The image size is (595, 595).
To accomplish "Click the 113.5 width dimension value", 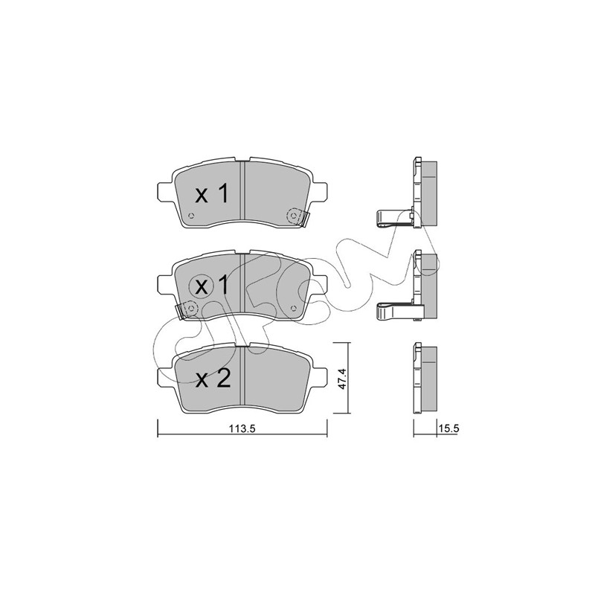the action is pyautogui.click(x=242, y=429).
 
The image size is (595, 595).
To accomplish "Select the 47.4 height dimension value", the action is pyautogui.click(x=342, y=378).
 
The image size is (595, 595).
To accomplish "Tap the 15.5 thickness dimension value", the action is pyautogui.click(x=449, y=429).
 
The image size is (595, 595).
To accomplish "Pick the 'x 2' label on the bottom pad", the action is pyautogui.click(x=213, y=379).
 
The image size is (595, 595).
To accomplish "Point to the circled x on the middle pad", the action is pyautogui.click(x=202, y=287).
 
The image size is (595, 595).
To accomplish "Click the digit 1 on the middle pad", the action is pyautogui.click(x=224, y=286).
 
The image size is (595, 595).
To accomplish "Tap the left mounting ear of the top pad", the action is pyautogui.click(x=165, y=192).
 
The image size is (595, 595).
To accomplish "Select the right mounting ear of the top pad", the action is pyautogui.click(x=319, y=192).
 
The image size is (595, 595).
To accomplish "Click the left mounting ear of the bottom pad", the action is pyautogui.click(x=165, y=377).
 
